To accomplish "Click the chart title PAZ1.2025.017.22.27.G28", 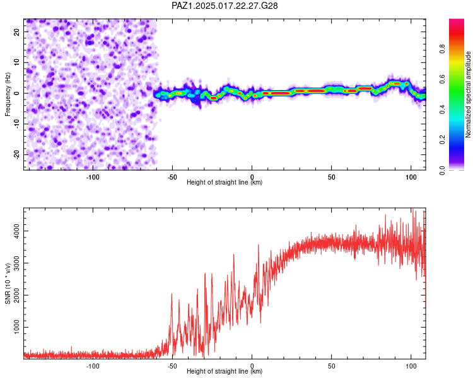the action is coord(225,6).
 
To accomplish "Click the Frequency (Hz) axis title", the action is coord(8,94).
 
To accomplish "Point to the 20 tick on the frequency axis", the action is coord(17,31).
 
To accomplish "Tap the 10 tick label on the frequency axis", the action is coord(17,62).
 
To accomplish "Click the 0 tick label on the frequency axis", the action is coord(17,93).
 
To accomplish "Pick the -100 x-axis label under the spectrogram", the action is coord(93,177).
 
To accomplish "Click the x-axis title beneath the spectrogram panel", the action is coord(225,182).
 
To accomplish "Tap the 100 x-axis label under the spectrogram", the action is coord(411,177).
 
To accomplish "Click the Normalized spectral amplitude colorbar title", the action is coord(468,94).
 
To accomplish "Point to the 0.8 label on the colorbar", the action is coord(442,49).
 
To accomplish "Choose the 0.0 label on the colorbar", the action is coord(442,170).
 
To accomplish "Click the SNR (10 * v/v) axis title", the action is coord(8,283).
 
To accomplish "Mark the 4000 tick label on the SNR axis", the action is coord(17,231).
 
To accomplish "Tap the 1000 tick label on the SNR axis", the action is coord(17,327).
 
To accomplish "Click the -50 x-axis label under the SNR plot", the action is coord(172,366).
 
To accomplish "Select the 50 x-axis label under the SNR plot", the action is coord(331,366).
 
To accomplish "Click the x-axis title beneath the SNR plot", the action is coord(225,371).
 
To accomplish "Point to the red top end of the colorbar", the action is coord(457,20).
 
